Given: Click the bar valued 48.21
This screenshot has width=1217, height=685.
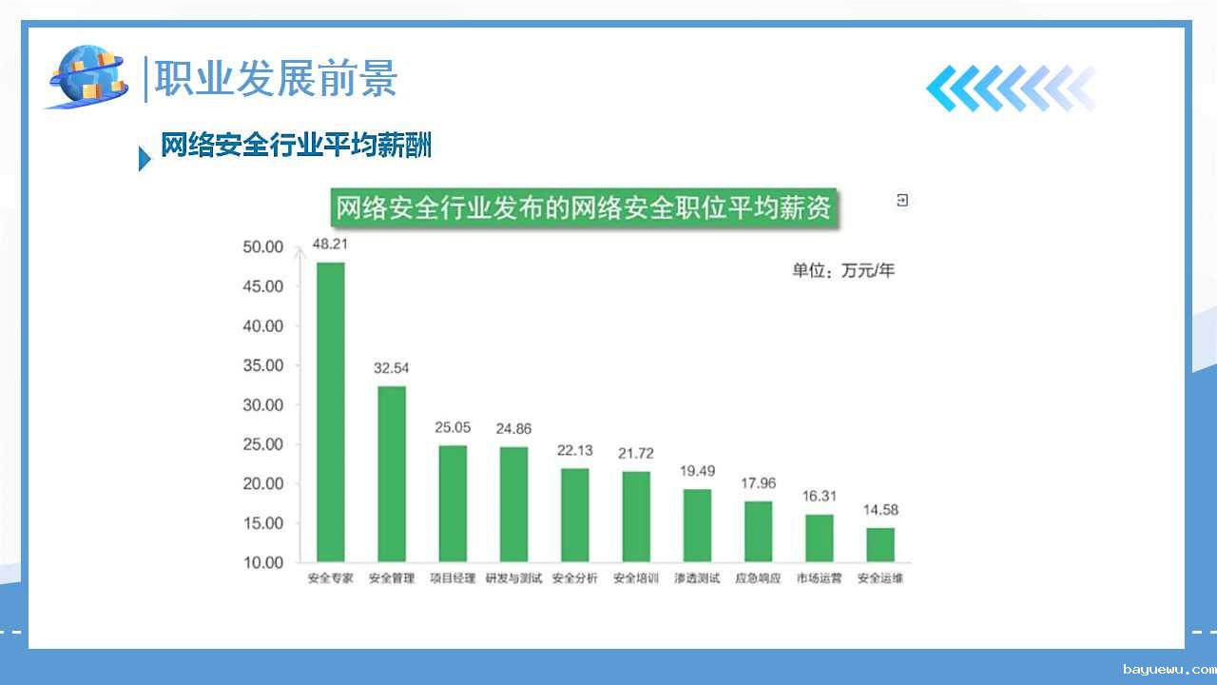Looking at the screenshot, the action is [330, 412].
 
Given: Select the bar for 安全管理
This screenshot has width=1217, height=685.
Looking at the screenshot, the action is [392, 474].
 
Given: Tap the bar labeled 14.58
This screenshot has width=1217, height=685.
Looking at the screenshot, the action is [880, 545].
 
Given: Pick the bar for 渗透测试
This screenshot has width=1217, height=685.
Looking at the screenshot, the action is [697, 526].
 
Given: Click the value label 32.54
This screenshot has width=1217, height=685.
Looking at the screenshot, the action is [391, 368].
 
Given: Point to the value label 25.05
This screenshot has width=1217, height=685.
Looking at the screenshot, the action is [453, 427].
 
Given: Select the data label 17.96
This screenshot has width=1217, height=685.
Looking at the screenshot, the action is [759, 483].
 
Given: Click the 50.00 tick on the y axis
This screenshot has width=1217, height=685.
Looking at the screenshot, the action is [263, 246].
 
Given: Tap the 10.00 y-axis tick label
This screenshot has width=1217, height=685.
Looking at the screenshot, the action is [263, 562].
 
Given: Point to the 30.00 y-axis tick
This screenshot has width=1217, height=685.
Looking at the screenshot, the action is [263, 405].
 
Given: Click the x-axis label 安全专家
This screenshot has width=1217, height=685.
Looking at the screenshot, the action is [330, 577].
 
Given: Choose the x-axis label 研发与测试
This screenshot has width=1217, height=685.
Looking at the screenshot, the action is [513, 577].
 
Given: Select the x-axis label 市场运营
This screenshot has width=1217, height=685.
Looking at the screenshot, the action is [820, 577].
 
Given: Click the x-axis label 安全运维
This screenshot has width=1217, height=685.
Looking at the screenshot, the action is [880, 577].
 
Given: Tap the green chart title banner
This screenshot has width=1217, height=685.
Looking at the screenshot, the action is [584, 207].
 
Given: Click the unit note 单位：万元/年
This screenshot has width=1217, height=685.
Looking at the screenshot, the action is [843, 270].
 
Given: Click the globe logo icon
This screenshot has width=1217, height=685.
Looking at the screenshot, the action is [88, 77].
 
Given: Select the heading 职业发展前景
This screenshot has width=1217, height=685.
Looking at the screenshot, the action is [276, 79].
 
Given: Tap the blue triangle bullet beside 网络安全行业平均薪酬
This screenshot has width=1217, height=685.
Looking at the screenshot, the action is [145, 159].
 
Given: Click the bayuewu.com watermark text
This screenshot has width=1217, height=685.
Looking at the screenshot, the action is [1169, 670].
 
